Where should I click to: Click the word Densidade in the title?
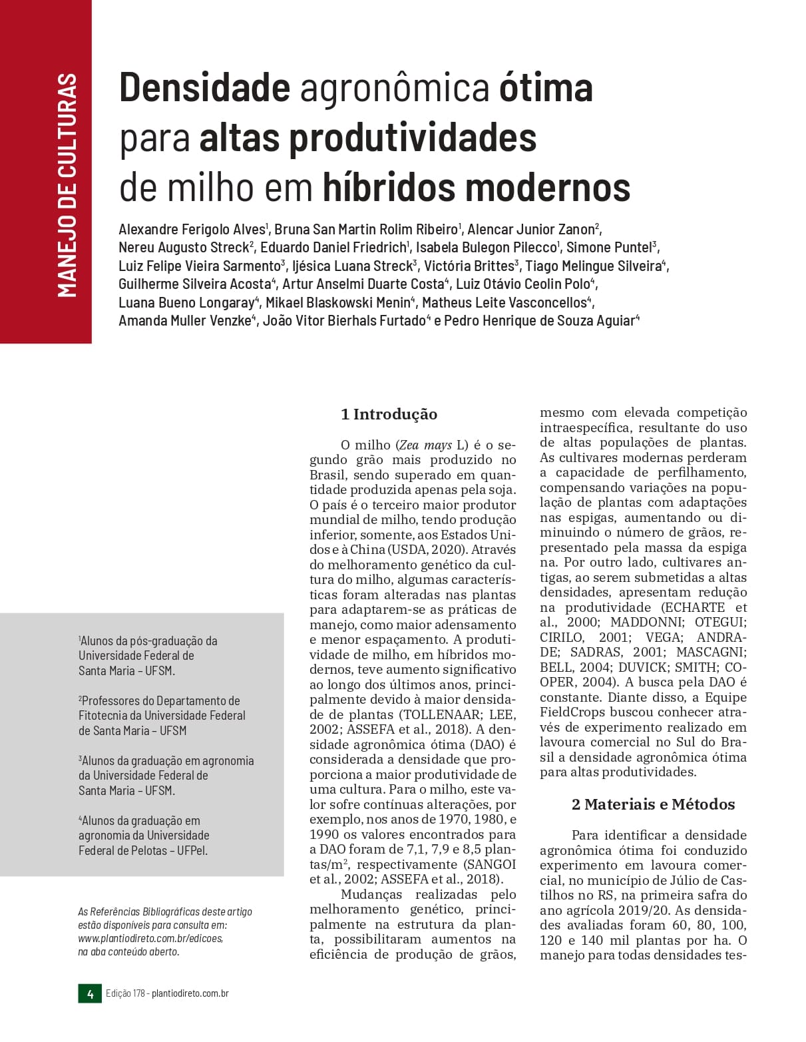click(204, 88)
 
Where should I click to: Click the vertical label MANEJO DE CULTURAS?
click(67, 185)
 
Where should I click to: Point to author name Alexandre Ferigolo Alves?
click(192, 230)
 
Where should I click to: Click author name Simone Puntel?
click(609, 248)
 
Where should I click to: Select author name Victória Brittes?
click(469, 266)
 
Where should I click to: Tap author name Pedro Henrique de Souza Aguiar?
click(539, 321)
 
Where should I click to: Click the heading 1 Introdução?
click(389, 414)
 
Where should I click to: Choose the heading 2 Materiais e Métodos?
click(653, 804)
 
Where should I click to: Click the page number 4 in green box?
click(90, 994)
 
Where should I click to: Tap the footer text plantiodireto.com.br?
click(190, 993)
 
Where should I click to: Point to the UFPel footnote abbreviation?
click(192, 850)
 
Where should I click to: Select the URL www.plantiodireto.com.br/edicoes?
click(150, 938)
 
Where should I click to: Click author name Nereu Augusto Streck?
click(184, 248)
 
